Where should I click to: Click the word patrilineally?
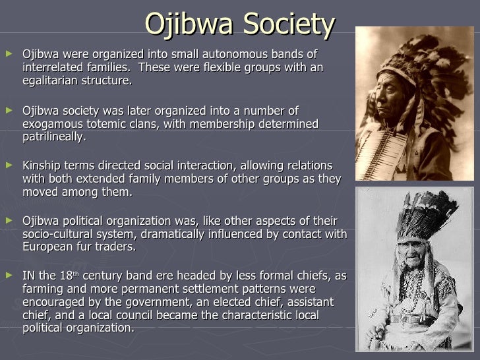(x=53, y=138)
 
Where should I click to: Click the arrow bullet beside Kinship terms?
(x=9, y=165)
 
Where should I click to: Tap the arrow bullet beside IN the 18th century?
(x=9, y=276)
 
